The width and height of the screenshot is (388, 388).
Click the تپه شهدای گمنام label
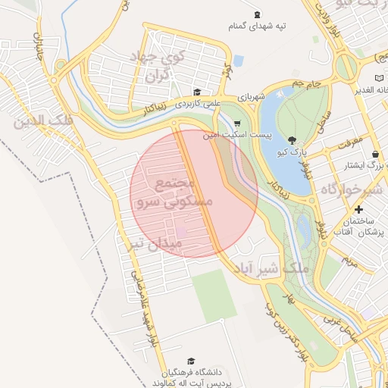[258, 27]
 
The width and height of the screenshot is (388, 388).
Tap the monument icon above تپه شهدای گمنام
[256, 14]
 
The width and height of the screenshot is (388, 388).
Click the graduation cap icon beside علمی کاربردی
[197, 91]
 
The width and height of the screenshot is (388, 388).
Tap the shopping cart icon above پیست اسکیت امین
[237, 124]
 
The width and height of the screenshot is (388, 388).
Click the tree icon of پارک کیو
[293, 139]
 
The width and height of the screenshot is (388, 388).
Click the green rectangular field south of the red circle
[213, 296]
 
